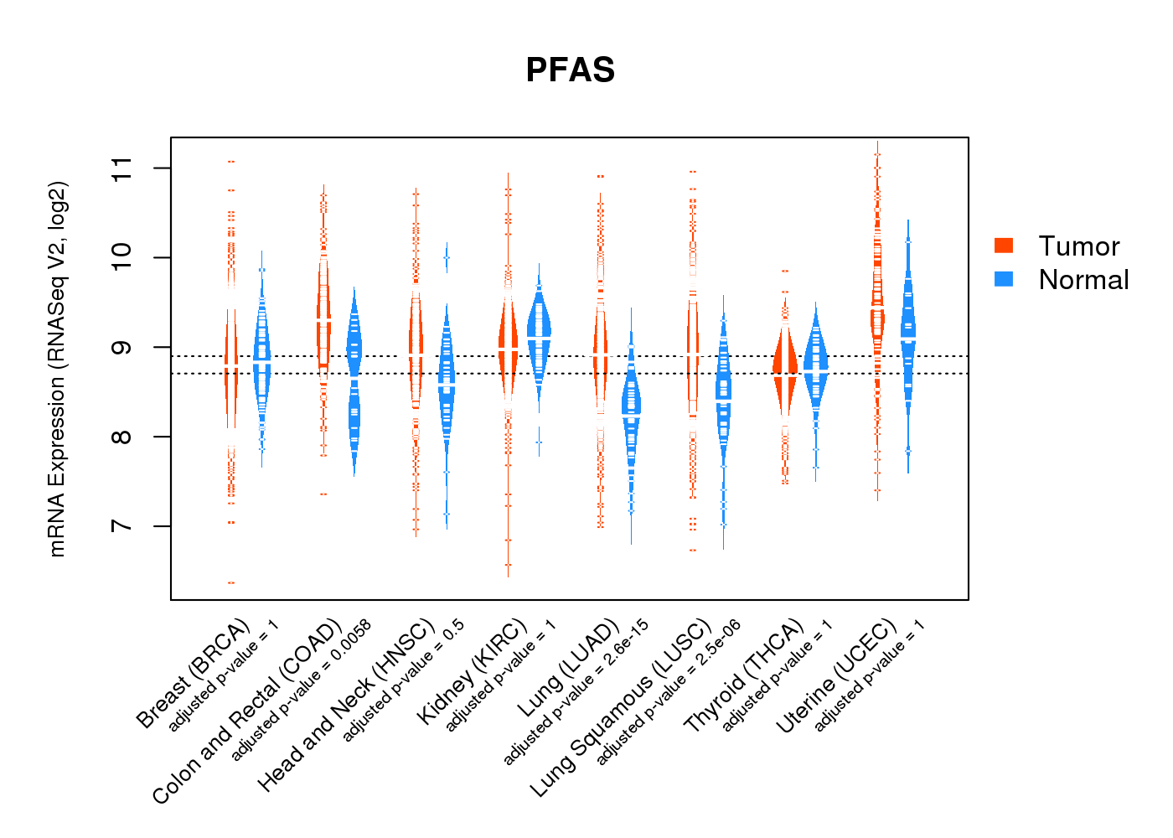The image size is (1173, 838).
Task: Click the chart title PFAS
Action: (570, 70)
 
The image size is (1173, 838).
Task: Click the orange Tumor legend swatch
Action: (1003, 245)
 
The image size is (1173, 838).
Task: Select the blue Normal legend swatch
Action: (1003, 279)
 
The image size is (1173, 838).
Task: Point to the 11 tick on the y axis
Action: (122, 168)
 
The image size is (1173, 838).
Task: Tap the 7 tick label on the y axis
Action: (122, 526)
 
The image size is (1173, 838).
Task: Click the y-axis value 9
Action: (122, 348)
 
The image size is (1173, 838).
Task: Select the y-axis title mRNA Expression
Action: (57, 369)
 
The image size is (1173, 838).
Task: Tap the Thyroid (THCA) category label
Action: (744, 677)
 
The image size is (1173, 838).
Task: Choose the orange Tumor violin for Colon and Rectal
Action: (323, 318)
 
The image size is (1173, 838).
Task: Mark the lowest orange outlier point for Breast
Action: (231, 582)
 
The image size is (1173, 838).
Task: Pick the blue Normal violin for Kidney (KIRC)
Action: (539, 335)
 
